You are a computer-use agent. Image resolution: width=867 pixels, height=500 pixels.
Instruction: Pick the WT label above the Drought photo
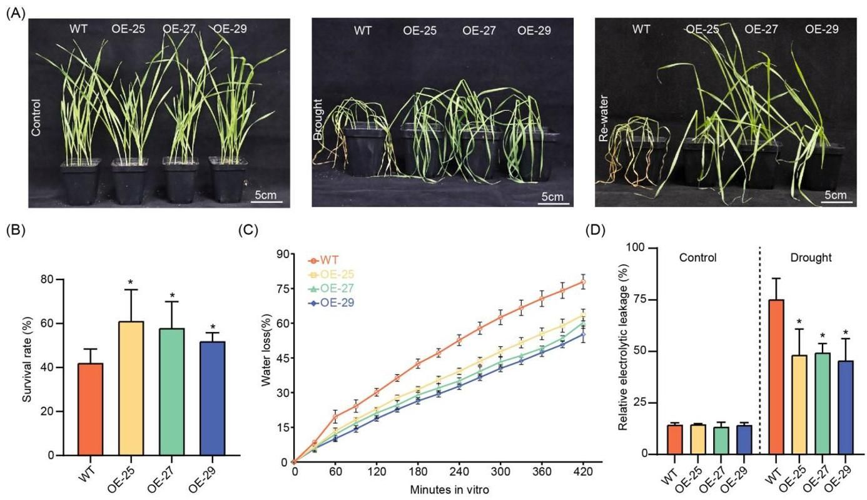point(362,30)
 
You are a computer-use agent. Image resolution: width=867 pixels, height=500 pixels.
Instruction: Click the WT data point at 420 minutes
point(583,282)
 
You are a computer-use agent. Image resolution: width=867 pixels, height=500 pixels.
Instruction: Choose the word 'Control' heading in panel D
point(698,257)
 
